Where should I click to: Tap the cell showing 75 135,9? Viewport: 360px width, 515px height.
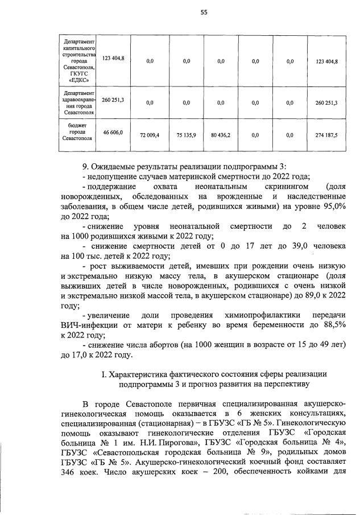point(186,135)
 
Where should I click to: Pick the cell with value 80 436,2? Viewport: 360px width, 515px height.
point(220,135)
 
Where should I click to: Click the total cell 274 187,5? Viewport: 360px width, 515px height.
point(326,135)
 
